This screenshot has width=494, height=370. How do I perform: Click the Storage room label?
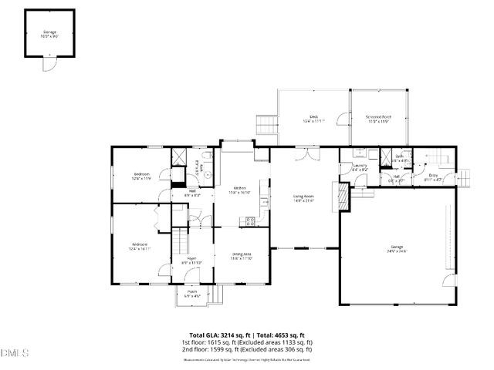49,33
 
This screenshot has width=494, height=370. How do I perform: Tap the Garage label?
397,249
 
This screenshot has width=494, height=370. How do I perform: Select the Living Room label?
303,198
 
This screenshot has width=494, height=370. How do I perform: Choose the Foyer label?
191,260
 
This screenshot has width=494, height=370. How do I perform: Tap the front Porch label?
192,294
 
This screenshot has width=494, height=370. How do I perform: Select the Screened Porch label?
378,119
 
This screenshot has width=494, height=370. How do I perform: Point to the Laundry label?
360,166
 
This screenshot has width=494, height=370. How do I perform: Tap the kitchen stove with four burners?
250,221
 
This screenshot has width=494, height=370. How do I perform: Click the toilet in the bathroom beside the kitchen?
207,174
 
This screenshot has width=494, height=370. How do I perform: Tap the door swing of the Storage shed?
48,64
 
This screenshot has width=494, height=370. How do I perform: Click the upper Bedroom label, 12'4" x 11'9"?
140,177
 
